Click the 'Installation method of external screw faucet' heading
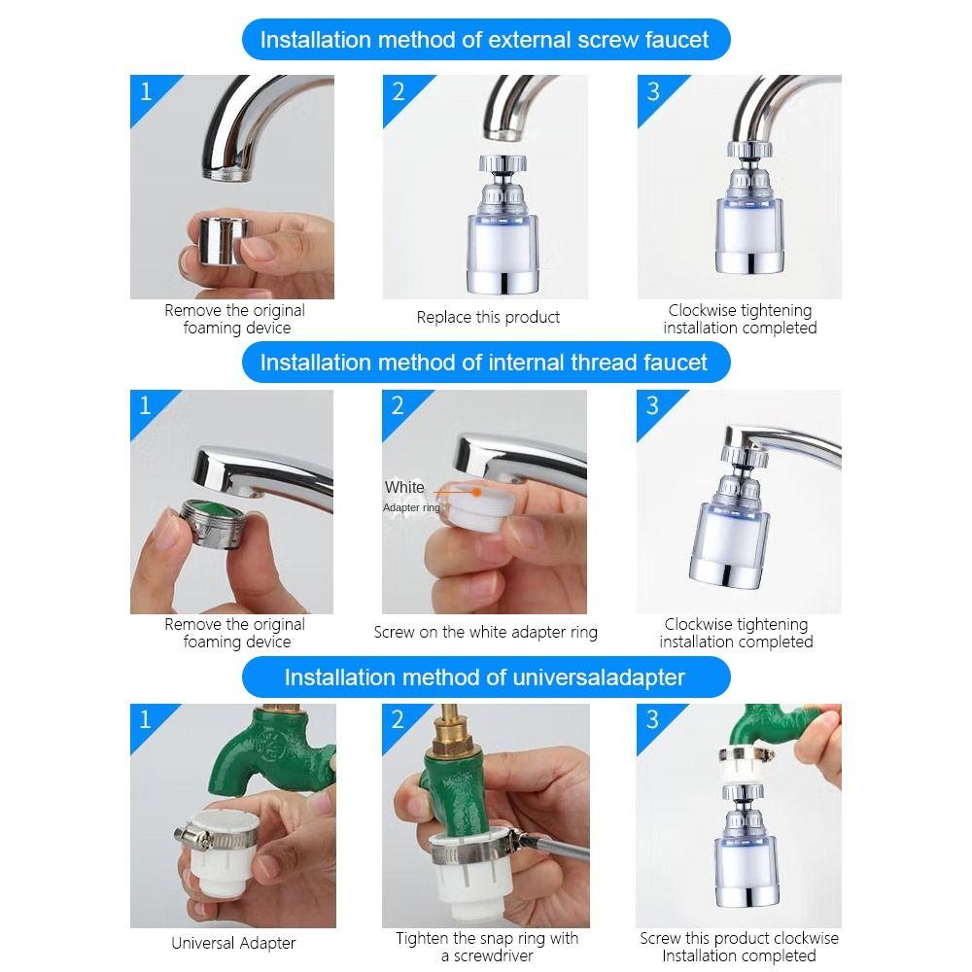tap(484, 40)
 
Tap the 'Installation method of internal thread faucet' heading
tap(483, 362)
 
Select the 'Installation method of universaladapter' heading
tap(484, 677)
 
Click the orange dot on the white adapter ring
tap(476, 492)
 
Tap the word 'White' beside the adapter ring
tap(404, 487)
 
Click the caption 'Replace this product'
tap(488, 318)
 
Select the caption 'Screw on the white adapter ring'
tap(485, 633)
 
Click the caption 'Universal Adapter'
tap(233, 943)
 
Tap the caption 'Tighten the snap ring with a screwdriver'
tap(487, 947)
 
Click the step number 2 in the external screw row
tap(398, 91)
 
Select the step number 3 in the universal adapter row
tap(652, 719)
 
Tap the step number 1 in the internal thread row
tap(146, 405)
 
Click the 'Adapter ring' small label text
tap(411, 507)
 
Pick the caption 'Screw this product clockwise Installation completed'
tap(739, 947)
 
